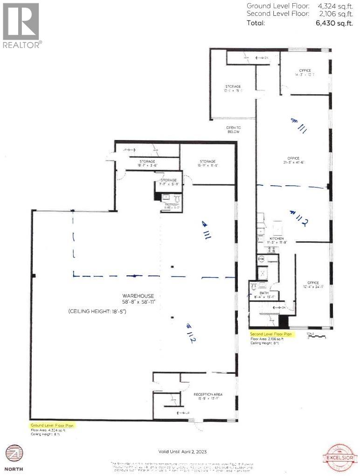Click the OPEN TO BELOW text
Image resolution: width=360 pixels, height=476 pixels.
tap(233, 129)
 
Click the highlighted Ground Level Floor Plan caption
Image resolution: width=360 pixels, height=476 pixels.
tap(52, 426)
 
